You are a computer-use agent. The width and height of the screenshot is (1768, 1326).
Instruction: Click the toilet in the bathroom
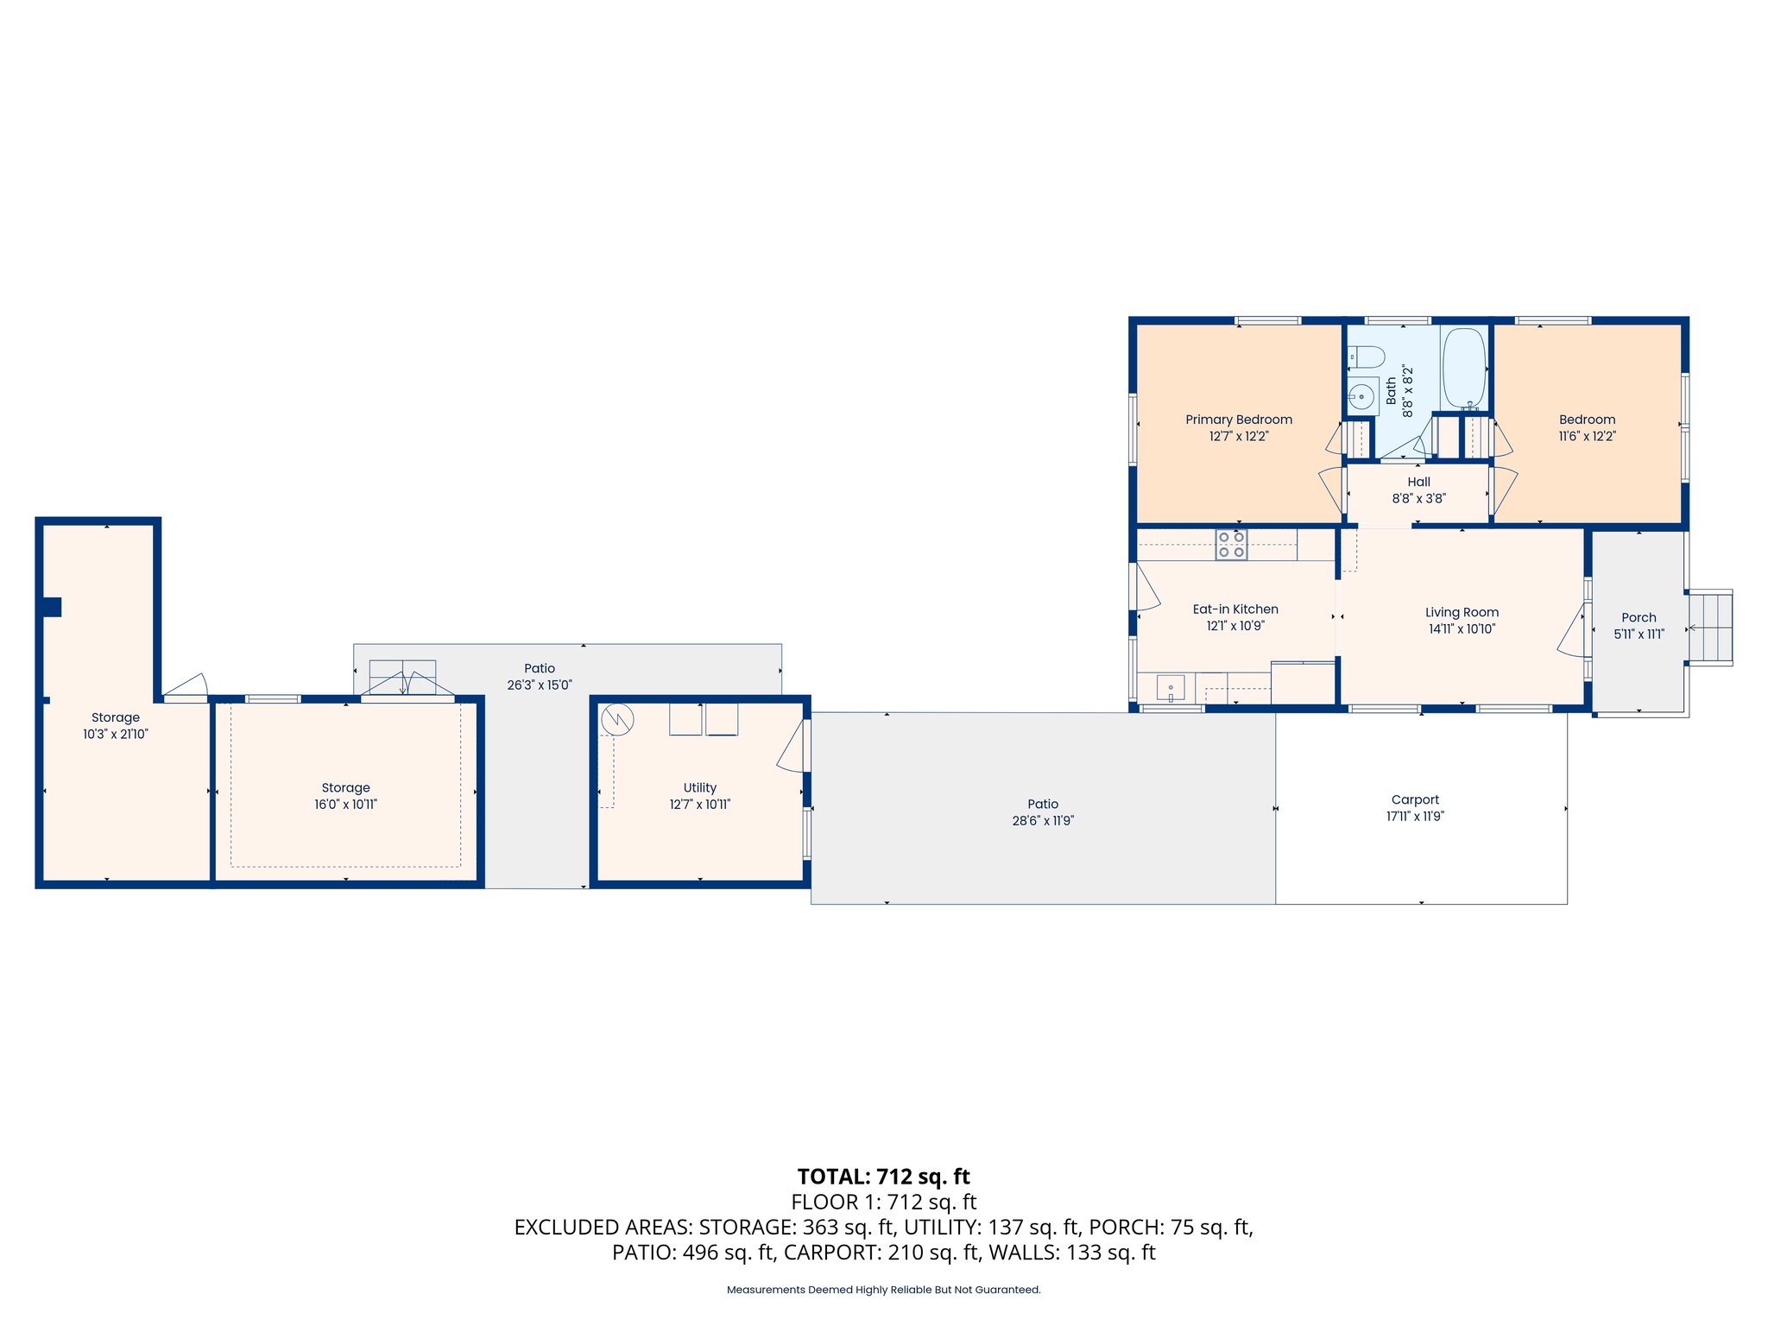coord(1367,357)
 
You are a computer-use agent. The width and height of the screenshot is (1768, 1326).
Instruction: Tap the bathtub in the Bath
coord(1463,369)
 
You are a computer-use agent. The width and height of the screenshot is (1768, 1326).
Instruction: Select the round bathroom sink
coord(1362,397)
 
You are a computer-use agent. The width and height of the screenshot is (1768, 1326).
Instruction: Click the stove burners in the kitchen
coord(1231,545)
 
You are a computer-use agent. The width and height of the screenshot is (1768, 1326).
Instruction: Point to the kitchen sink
coord(1171,689)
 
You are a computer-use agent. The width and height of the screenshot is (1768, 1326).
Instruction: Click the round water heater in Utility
coord(617,719)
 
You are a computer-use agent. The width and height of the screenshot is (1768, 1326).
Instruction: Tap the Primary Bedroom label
coord(1239,420)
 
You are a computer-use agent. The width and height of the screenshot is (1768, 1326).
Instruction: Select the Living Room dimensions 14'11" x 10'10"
coord(1462,629)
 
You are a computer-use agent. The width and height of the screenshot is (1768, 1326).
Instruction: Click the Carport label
coord(1415,800)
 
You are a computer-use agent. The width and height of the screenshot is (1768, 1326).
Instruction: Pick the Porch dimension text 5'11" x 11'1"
coord(1639,634)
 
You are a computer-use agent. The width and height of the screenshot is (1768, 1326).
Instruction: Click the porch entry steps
coord(1710,628)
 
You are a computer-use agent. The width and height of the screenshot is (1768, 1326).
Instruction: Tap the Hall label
coord(1418,482)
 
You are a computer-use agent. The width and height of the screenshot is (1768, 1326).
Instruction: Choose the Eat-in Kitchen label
coord(1235,609)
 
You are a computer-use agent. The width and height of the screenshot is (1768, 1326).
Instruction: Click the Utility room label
coord(700,787)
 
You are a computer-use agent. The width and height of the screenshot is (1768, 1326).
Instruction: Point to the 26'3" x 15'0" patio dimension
coord(540,685)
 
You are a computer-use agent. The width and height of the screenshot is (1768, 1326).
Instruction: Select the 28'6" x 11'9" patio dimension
coord(1043,821)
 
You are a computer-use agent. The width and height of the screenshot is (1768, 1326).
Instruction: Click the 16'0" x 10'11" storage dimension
coord(345,805)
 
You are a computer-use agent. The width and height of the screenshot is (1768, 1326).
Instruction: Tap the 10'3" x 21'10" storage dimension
coord(116,735)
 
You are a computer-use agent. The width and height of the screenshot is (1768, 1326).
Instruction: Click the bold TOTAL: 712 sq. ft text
coord(884,1177)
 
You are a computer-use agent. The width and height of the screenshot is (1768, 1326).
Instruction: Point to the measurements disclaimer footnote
coord(884,1290)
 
